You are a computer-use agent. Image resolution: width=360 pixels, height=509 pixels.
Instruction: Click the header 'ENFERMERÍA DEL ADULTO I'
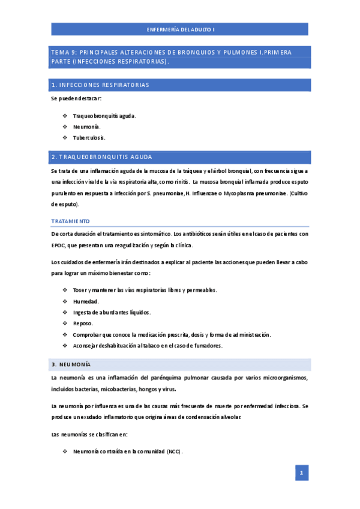181,29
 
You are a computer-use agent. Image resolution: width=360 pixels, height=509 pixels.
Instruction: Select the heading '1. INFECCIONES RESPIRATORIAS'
101,85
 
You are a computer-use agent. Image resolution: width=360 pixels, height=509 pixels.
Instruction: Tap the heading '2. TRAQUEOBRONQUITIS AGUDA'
102,157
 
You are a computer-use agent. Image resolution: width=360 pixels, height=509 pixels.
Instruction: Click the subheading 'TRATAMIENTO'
71,221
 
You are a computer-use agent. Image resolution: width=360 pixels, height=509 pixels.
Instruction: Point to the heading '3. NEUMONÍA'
71,364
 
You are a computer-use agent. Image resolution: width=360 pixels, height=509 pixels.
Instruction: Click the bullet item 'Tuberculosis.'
89,137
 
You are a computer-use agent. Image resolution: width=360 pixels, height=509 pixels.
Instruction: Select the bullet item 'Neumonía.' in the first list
86,127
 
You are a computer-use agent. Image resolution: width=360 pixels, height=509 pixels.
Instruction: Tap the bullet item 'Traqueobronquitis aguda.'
104,116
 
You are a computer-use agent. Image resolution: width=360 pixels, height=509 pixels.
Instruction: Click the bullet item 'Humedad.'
86,301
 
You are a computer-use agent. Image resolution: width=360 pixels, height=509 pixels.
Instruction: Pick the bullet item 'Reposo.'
83,324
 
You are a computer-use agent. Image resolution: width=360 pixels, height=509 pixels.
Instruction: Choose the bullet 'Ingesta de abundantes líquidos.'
112,312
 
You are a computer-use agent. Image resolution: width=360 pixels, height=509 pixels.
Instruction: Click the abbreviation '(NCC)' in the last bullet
175,451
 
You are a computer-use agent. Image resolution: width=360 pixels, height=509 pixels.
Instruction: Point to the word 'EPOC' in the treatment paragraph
59,245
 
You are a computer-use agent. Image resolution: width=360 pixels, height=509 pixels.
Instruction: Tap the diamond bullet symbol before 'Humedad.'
65,301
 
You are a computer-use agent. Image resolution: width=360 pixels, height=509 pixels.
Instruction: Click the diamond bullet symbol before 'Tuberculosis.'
65,137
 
